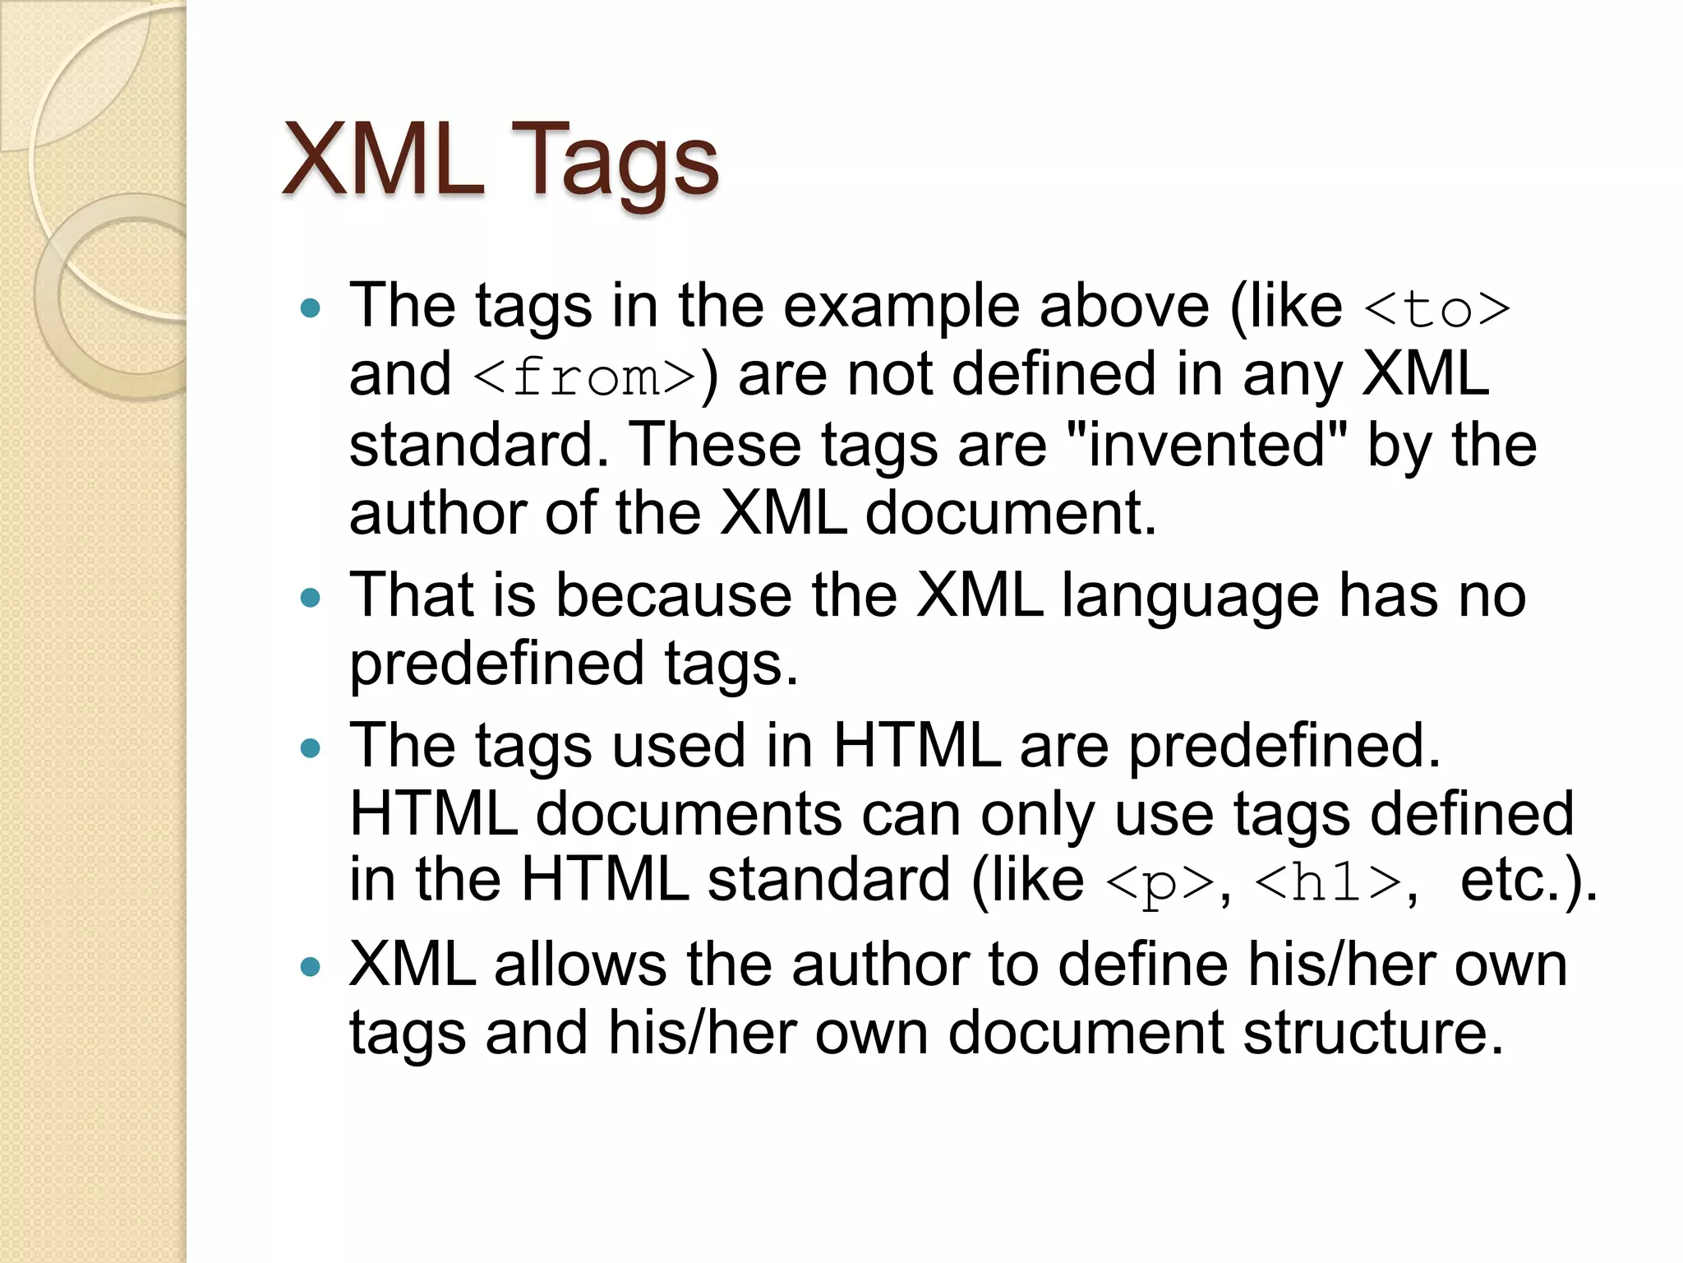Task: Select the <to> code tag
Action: coord(1436,310)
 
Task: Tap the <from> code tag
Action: coord(585,378)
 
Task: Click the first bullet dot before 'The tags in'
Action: coord(311,309)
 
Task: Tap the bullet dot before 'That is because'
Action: coord(311,598)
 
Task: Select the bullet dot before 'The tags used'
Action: coord(311,748)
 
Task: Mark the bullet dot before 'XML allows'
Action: coord(311,967)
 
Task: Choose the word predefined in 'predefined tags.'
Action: coord(496,665)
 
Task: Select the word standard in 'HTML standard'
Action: coord(828,881)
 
